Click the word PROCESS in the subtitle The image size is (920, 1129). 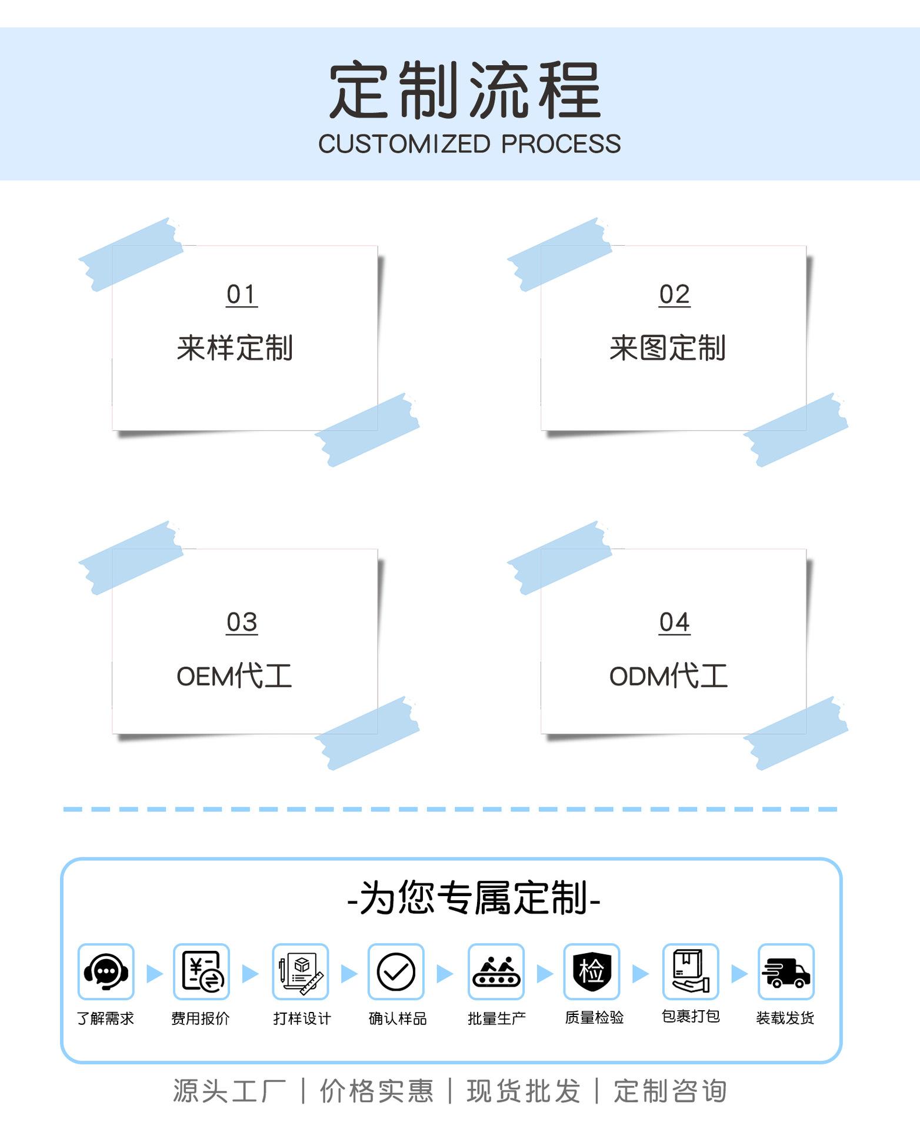click(x=561, y=144)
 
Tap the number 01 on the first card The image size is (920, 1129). click(x=242, y=294)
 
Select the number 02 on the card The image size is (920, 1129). click(x=674, y=294)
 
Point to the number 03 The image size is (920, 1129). click(x=242, y=622)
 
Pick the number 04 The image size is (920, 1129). click(x=674, y=622)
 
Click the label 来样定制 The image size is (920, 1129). click(x=235, y=348)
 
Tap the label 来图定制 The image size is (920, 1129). click(x=667, y=348)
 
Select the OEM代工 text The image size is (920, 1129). click(x=234, y=676)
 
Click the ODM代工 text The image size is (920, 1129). click(x=668, y=676)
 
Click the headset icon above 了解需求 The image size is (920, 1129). click(x=106, y=971)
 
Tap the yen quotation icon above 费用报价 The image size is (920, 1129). click(x=201, y=971)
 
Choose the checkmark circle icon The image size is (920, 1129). click(x=396, y=971)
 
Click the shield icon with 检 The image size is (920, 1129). click(x=591, y=971)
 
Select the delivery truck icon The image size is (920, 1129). click(x=786, y=971)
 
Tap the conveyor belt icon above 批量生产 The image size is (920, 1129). click(x=496, y=971)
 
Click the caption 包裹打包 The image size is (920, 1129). click(x=691, y=1016)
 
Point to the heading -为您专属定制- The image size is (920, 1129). click(x=474, y=898)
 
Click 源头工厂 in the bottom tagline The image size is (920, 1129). click(x=229, y=1091)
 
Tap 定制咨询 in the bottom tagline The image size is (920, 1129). click(x=670, y=1091)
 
